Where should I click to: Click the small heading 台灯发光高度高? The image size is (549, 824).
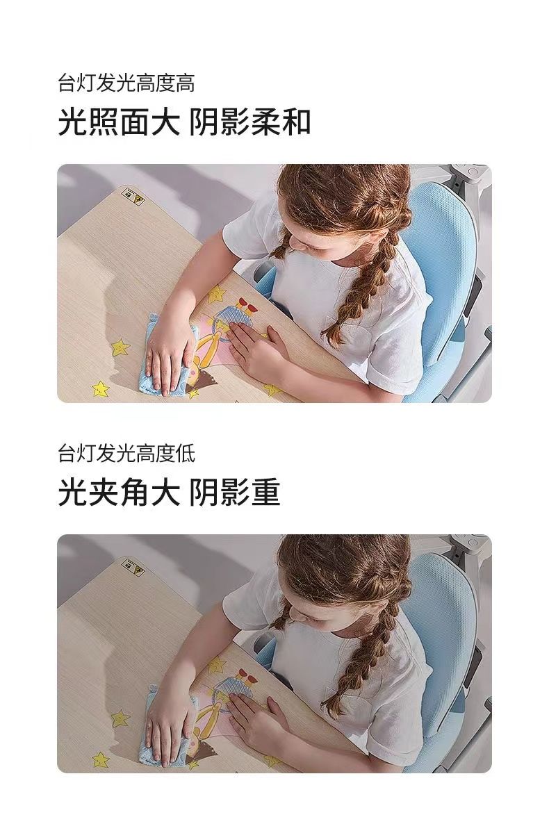126,83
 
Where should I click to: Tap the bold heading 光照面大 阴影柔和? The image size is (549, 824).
185,122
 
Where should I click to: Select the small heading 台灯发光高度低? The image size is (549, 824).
126,453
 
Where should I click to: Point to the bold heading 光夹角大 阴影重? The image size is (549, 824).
169,493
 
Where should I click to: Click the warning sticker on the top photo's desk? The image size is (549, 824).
133,195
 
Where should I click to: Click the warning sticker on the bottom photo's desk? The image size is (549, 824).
133,565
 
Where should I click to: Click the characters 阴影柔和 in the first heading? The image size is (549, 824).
249,122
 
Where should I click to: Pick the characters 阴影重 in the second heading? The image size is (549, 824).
234,493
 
